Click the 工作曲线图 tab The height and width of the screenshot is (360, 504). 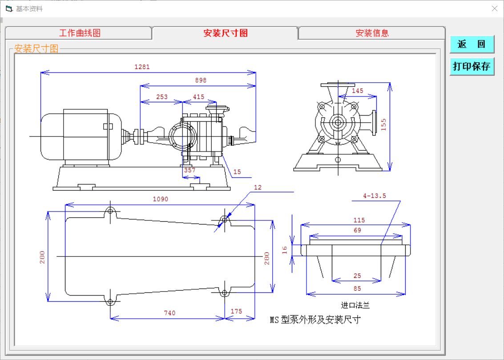click(80, 33)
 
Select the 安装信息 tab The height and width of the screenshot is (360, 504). click(372, 33)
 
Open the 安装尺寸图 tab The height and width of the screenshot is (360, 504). click(225, 33)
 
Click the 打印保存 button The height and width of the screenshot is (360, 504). click(472, 67)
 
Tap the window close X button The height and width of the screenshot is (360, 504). click(494, 8)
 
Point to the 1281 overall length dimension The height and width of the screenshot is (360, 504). click(142, 67)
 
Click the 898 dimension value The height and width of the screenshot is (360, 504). click(201, 80)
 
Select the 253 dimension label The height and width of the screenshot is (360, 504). click(162, 97)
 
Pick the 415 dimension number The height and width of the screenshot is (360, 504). click(199, 97)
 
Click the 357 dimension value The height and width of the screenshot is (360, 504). click(190, 170)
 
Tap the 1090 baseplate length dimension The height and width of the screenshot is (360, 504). click(161, 199)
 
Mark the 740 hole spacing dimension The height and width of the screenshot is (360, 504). click(169, 313)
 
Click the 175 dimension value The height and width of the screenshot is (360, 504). click(237, 312)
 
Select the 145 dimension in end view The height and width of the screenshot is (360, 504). click(358, 91)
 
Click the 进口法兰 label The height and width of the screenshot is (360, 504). click(355, 305)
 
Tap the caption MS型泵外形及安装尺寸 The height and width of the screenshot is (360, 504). click(315, 320)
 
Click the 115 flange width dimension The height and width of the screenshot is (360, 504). click(359, 220)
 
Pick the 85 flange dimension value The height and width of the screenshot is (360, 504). click(357, 288)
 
